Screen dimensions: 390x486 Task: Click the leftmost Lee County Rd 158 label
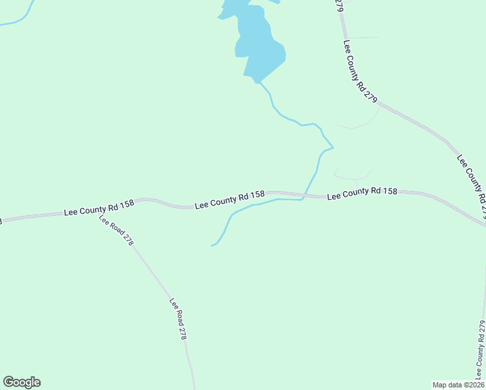[99, 207]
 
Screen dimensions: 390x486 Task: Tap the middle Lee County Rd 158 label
[229, 200]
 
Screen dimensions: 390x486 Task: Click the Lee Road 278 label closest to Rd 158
[116, 230]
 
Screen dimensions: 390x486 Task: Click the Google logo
[21, 382]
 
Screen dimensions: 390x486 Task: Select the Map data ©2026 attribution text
[458, 385]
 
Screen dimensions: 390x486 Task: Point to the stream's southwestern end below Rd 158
[212, 246]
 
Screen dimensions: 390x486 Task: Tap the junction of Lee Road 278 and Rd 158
[97, 212]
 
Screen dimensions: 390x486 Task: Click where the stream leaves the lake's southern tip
[258, 83]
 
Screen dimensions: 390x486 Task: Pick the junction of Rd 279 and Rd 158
[483, 224]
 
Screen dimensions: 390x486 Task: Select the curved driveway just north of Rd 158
[354, 176]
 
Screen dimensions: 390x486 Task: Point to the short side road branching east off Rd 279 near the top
[364, 38]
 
